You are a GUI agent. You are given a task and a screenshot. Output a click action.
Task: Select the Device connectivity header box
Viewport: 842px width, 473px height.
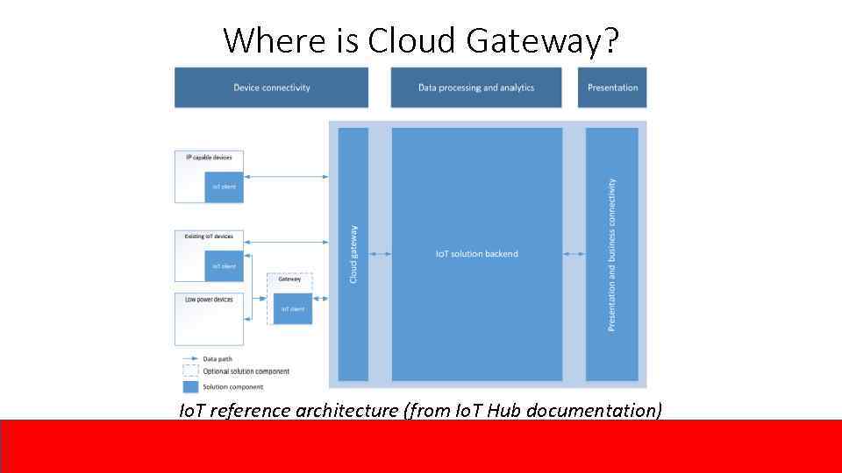[271, 88]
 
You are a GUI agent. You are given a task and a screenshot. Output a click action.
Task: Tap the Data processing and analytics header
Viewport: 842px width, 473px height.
[476, 88]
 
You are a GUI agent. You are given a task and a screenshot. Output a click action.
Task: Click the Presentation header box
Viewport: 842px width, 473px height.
[612, 88]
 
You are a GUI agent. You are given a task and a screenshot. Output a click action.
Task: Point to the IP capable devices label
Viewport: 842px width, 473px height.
[209, 158]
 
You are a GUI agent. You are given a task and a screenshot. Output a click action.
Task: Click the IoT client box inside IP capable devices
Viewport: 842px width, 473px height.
[224, 187]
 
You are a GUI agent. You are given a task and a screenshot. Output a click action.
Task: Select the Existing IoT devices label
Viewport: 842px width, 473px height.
[209, 236]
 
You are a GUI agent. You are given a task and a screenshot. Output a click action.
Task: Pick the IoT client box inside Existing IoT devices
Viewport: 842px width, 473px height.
[224, 266]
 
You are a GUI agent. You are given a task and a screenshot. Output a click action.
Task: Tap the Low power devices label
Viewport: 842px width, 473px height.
[209, 300]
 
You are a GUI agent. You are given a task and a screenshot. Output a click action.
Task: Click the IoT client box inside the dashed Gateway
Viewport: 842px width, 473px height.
[292, 308]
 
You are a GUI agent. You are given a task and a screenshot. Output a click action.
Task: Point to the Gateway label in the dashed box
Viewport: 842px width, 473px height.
[289, 279]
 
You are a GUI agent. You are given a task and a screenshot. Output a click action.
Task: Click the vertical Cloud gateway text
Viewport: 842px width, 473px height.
[353, 254]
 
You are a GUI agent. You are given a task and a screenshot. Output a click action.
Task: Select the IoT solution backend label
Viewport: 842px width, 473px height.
[476, 254]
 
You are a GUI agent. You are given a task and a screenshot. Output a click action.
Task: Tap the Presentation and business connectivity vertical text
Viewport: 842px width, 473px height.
[611, 254]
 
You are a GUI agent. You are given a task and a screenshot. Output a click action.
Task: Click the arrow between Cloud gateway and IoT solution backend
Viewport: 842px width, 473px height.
[380, 254]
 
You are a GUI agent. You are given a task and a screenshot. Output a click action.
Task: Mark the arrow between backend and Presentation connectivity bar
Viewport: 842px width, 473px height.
[574, 254]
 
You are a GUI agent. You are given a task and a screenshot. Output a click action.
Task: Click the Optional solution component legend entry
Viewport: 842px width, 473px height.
[246, 371]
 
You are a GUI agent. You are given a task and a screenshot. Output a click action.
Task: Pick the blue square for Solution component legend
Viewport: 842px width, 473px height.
[190, 386]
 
